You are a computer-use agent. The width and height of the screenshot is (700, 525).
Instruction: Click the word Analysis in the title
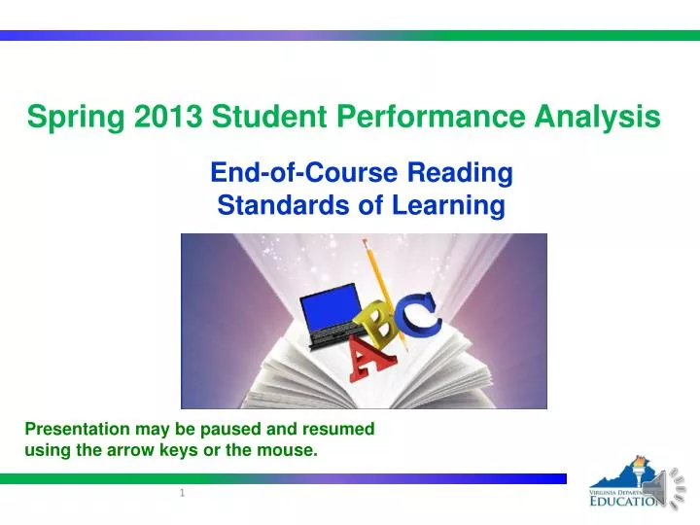[599, 118]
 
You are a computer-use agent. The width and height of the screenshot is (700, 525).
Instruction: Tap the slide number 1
[182, 495]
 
